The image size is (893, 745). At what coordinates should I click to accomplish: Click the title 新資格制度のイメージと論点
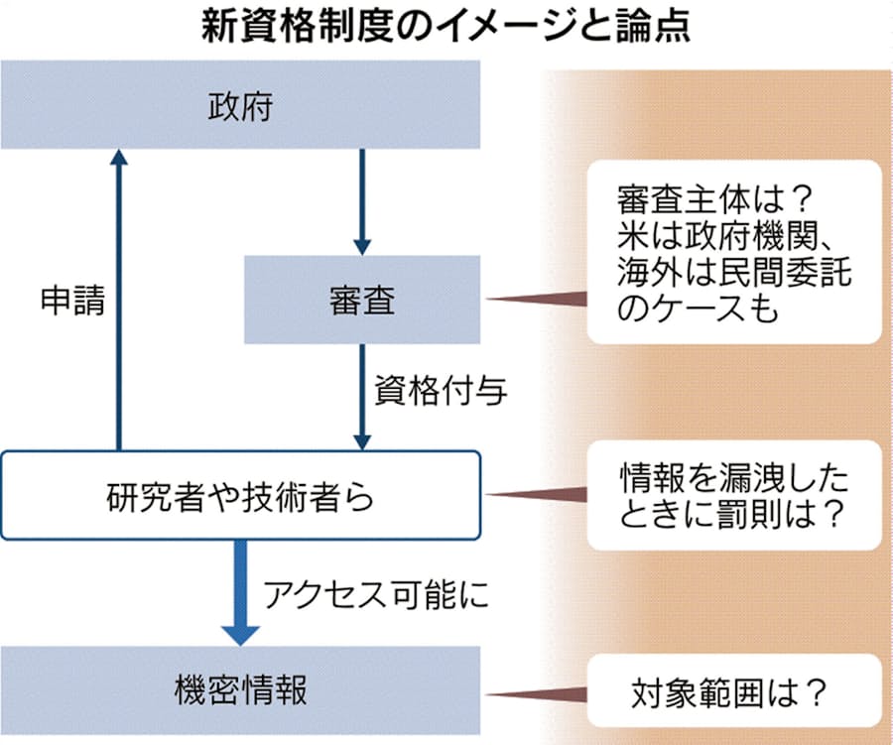coord(446,27)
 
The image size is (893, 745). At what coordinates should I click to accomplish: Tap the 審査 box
coord(362,300)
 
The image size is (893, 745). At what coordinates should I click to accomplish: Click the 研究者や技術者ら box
coord(241,495)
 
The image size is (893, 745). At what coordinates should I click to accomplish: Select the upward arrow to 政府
coord(119,298)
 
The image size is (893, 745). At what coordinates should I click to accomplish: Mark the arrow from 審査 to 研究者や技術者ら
coord(362,397)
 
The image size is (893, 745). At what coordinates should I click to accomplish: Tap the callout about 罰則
coord(734,494)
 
